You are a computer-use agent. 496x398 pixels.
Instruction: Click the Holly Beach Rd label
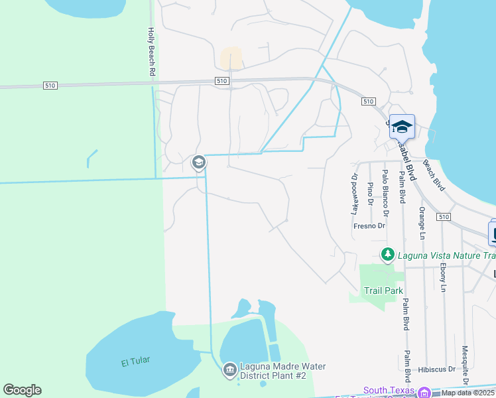point(152,51)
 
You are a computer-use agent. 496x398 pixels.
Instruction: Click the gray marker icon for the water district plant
point(229,369)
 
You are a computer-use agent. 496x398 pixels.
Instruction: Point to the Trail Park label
point(375,291)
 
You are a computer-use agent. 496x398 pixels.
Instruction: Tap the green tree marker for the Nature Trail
point(387,254)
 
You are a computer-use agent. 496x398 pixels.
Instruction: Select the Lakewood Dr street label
point(354,194)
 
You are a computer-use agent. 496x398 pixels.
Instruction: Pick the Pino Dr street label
point(370,194)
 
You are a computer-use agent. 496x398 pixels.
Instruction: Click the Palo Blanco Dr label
point(385,196)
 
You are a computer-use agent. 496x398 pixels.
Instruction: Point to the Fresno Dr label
point(369,226)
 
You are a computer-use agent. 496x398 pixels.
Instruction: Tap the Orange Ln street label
point(422,222)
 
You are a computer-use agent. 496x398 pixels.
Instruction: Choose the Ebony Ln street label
point(442,277)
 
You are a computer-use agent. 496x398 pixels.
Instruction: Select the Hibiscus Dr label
point(437,369)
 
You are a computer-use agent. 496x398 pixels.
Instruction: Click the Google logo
point(22,390)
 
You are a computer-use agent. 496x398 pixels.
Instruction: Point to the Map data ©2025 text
point(468,393)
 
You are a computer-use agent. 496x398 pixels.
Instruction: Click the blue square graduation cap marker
point(402,126)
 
